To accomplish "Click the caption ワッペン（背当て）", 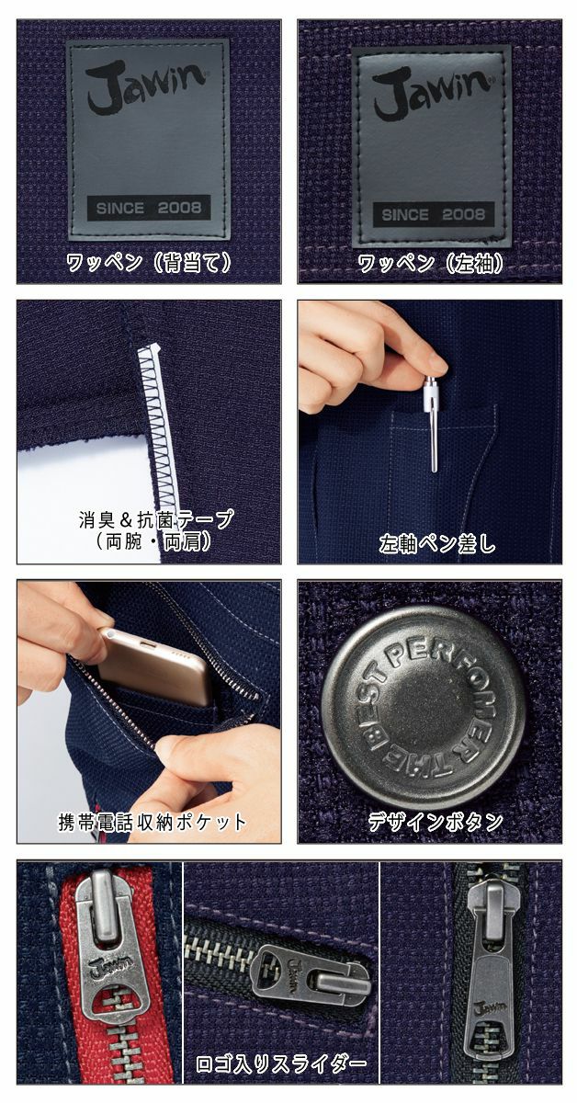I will click(x=148, y=263).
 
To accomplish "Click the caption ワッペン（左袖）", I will click(x=429, y=263).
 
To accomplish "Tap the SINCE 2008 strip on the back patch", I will click(x=148, y=208).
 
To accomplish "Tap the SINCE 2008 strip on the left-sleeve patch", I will click(x=433, y=214).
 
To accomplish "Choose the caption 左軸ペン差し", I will click(x=436, y=543).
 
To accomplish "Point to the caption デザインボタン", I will click(x=436, y=820).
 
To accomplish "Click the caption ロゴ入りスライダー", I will click(x=281, y=1064).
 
